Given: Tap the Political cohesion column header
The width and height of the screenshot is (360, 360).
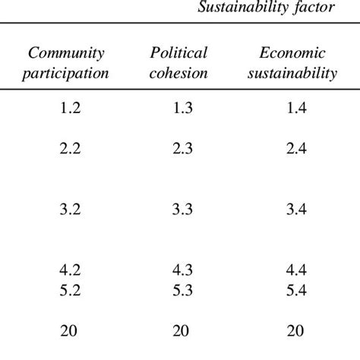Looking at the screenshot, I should pyautogui.click(x=179, y=63).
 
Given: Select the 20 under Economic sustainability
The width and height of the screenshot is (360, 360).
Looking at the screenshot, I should pyautogui.click(x=295, y=330).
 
